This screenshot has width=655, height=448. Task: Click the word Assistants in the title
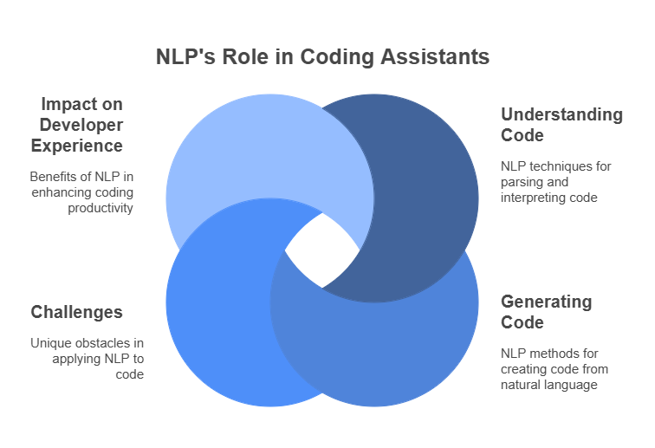click(435, 56)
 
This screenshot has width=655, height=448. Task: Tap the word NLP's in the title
click(186, 56)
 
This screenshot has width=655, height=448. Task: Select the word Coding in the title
click(337, 57)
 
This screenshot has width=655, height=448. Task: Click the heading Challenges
click(77, 312)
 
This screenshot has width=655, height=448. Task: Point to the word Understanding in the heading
click(561, 115)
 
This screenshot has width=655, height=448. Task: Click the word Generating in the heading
click(547, 302)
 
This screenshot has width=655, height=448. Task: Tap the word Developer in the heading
click(81, 126)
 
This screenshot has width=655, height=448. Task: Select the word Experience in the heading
click(77, 146)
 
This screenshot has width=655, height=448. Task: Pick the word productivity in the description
click(101, 208)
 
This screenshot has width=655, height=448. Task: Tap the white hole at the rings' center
click(322, 250)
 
